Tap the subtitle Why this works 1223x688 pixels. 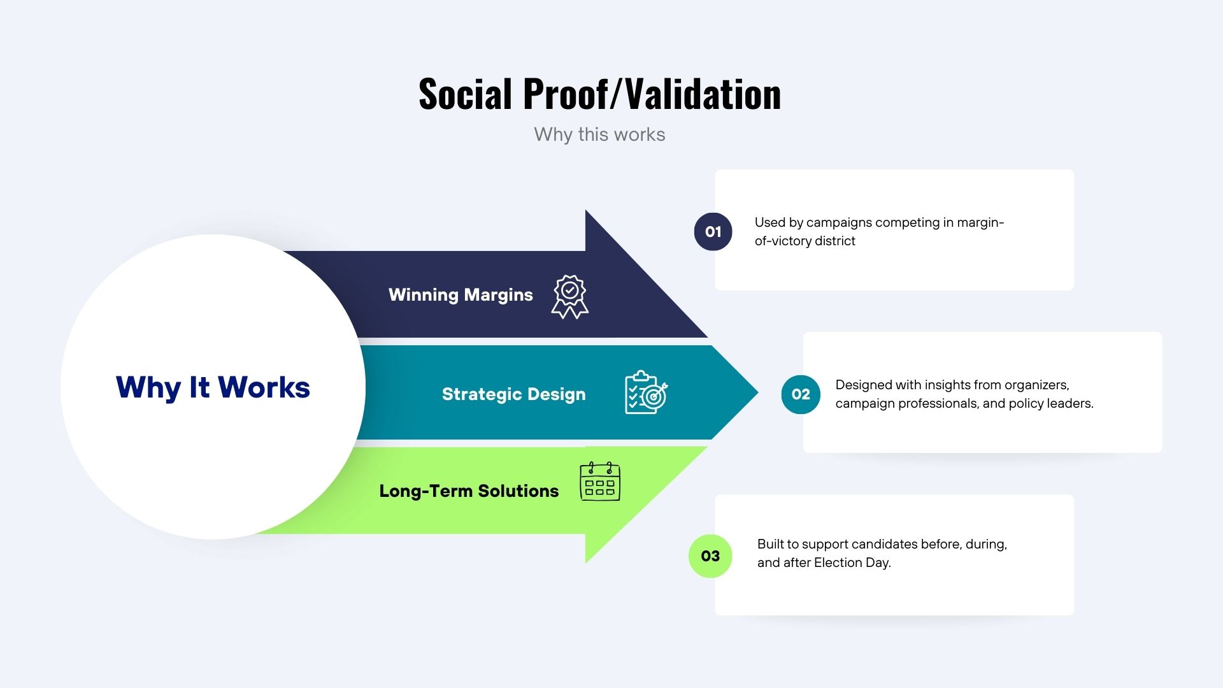coord(599,134)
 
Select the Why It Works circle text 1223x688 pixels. coord(213,387)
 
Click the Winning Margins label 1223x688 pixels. coord(461,295)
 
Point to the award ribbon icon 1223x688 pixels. coord(569,297)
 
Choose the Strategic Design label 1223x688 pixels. coord(513,394)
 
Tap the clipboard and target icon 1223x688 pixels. coord(646,392)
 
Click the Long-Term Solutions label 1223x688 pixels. coord(469,491)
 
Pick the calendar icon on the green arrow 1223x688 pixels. coord(600,482)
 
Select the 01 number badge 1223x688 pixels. coord(713,232)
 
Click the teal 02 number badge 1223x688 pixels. coord(801,394)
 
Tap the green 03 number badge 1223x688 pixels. coord(710,556)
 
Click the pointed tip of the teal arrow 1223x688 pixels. coord(758,392)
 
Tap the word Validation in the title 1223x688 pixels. coord(703,94)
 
